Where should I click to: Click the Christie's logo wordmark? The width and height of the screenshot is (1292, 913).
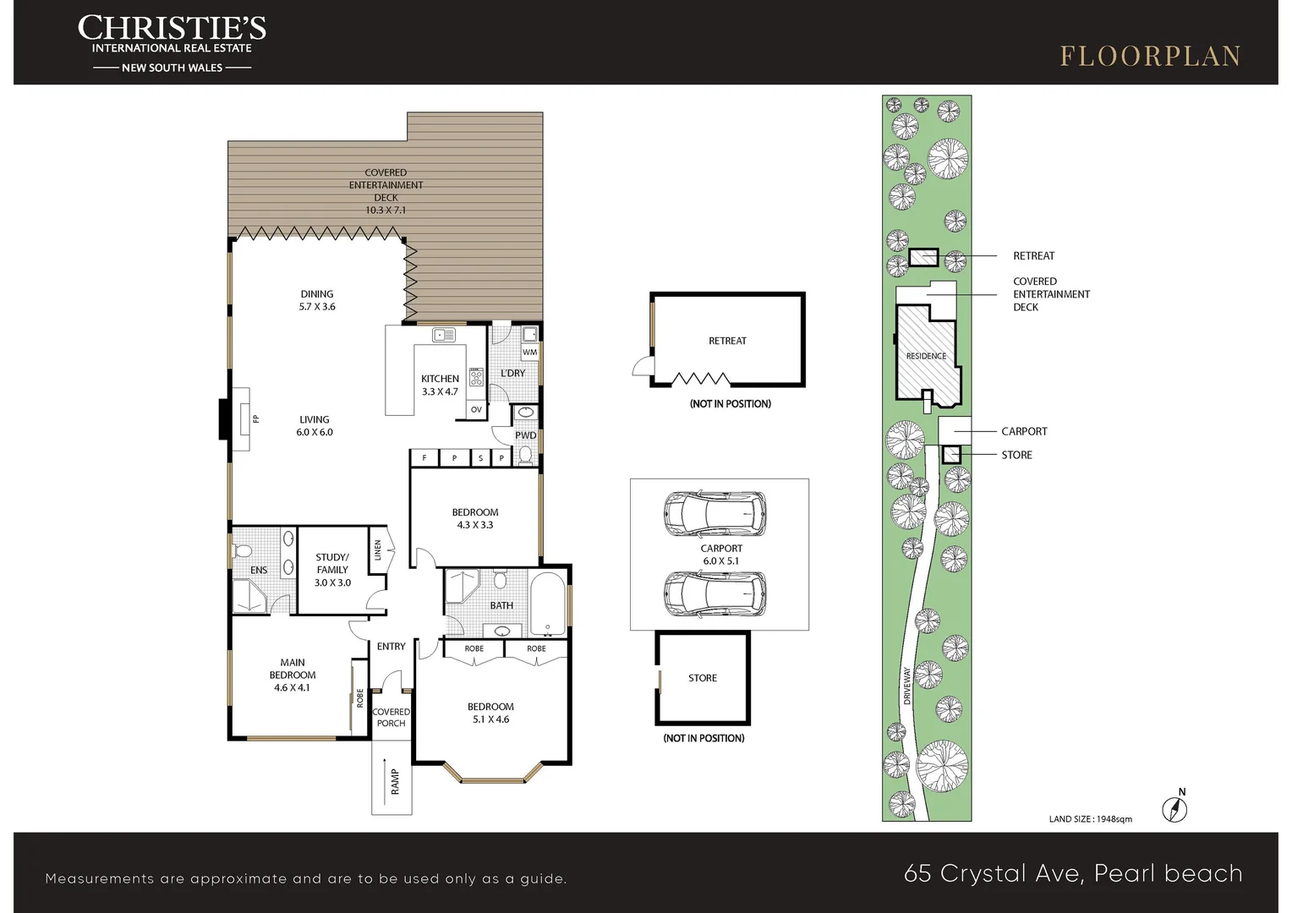click(x=172, y=28)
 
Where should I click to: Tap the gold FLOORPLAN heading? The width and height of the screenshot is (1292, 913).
click(x=1150, y=57)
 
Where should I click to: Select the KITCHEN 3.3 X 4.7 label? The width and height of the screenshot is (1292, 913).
click(x=440, y=385)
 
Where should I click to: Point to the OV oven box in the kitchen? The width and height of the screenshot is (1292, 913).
click(x=476, y=409)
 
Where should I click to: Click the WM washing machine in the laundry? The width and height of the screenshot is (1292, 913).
click(x=529, y=352)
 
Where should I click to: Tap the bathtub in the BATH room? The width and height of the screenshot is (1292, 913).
click(x=547, y=603)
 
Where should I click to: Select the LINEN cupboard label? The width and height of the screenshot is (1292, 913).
click(x=378, y=549)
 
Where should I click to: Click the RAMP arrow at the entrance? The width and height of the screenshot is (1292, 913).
click(x=385, y=781)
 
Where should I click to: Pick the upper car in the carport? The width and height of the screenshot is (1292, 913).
click(x=715, y=513)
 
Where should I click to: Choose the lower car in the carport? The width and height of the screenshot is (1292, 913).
click(x=715, y=594)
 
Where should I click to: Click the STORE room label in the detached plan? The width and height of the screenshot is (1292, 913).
click(x=703, y=678)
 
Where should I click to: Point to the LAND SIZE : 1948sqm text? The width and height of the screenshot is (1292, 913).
click(x=1090, y=819)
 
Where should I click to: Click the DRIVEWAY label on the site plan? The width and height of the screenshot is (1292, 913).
click(x=906, y=686)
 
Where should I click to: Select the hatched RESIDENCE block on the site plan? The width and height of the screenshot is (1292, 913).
click(x=928, y=355)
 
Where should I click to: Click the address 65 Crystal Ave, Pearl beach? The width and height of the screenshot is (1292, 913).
click(x=1073, y=873)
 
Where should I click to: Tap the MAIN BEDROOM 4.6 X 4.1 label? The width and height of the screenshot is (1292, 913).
click(x=293, y=675)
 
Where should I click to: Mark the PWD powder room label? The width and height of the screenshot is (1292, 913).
click(x=525, y=435)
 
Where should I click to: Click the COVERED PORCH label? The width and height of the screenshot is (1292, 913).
click(x=391, y=718)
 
